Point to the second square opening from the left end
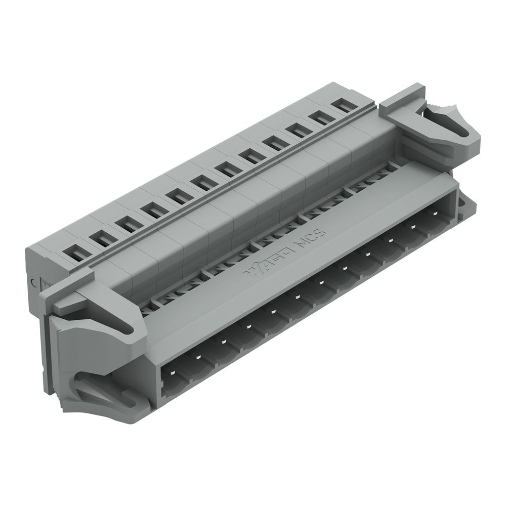click(x=103, y=237)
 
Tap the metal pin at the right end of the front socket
click(x=434, y=214)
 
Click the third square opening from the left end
click(x=128, y=224)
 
